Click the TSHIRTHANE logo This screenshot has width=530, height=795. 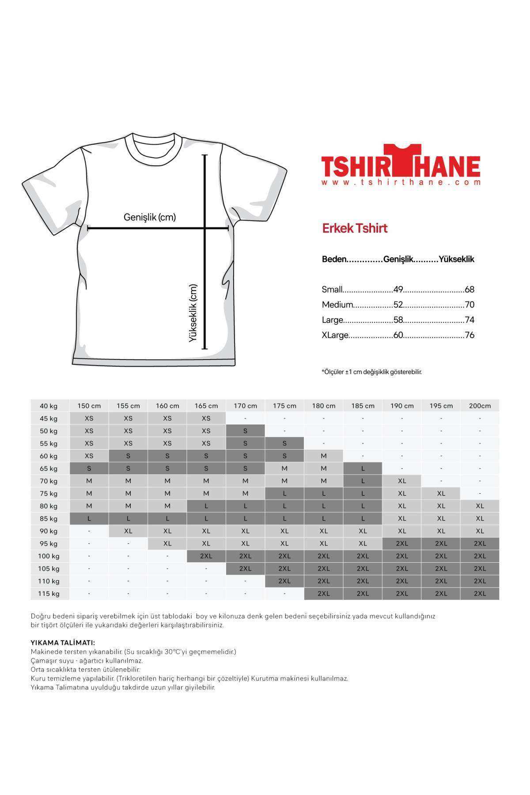pos(400,163)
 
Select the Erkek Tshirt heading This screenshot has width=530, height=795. pos(355,228)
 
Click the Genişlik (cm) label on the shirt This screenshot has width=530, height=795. pos(150,217)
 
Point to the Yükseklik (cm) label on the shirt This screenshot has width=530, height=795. pos(193,313)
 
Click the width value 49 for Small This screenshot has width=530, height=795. pos(398,290)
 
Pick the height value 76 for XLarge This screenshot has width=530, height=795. pos(469,335)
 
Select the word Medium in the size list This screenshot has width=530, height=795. pos(337,305)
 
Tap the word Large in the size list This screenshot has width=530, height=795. pos(333,320)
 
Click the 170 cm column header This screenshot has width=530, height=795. pos(245,406)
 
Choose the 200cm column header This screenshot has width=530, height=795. pos(480,406)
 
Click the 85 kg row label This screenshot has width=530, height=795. pos(49,519)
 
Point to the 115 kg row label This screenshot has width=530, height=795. pos(49,594)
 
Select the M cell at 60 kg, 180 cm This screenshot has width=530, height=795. pos(324,456)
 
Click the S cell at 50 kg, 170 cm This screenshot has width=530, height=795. pos(245,431)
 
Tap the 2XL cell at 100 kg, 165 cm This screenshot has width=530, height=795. pos(206,556)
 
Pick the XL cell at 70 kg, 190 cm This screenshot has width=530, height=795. pos(402,481)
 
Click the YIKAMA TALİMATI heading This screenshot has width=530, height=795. pos(63,643)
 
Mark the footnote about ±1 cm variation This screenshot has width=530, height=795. pos(371,372)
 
